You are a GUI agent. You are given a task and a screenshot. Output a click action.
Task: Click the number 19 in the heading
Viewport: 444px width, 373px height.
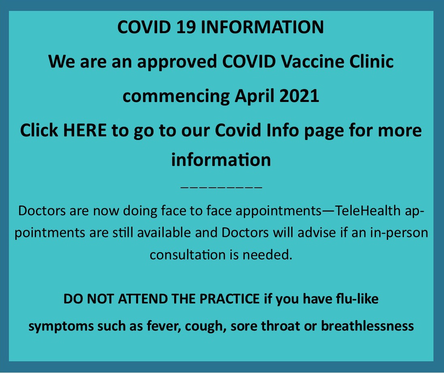point(186,27)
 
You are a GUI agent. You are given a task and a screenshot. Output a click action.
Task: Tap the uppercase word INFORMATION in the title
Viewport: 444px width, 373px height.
point(262,27)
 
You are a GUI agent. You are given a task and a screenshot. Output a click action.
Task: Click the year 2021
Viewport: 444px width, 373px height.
point(299,96)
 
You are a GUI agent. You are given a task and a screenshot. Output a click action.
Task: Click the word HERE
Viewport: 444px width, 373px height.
point(85,130)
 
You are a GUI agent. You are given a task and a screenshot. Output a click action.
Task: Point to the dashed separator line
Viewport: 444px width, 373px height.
point(221,187)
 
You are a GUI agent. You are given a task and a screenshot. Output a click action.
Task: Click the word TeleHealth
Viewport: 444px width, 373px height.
point(368,211)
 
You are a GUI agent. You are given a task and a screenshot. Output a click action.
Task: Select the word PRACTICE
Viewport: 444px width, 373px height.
point(229,299)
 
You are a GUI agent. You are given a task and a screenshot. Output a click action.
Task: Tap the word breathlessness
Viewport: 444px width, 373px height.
point(367,326)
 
